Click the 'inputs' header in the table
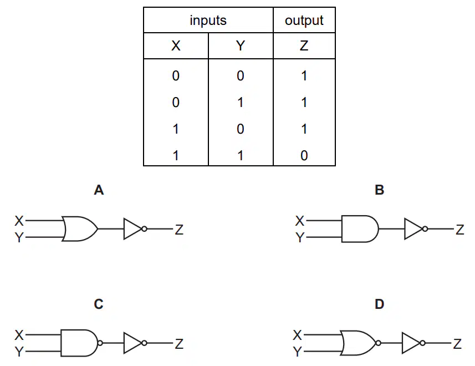pyautogui.click(x=208, y=21)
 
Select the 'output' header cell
pyautogui.click(x=304, y=21)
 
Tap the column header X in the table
pyautogui.click(x=176, y=45)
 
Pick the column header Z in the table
pyautogui.click(x=304, y=45)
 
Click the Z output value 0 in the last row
pyautogui.click(x=304, y=155)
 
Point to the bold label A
pyautogui.click(x=99, y=190)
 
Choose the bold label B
pyautogui.click(x=379, y=190)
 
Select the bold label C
pyautogui.click(x=99, y=304)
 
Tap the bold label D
pyautogui.click(x=379, y=304)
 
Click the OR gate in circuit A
pyautogui.click(x=80, y=228)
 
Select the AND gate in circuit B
pyautogui.click(x=360, y=228)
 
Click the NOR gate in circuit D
pyautogui.click(x=360, y=343)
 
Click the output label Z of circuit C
pyautogui.click(x=179, y=344)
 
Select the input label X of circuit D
pyautogui.click(x=298, y=335)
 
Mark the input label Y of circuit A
pyautogui.click(x=19, y=237)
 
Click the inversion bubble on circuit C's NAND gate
pyautogui.click(x=100, y=343)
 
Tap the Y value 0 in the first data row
pyautogui.click(x=240, y=75)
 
